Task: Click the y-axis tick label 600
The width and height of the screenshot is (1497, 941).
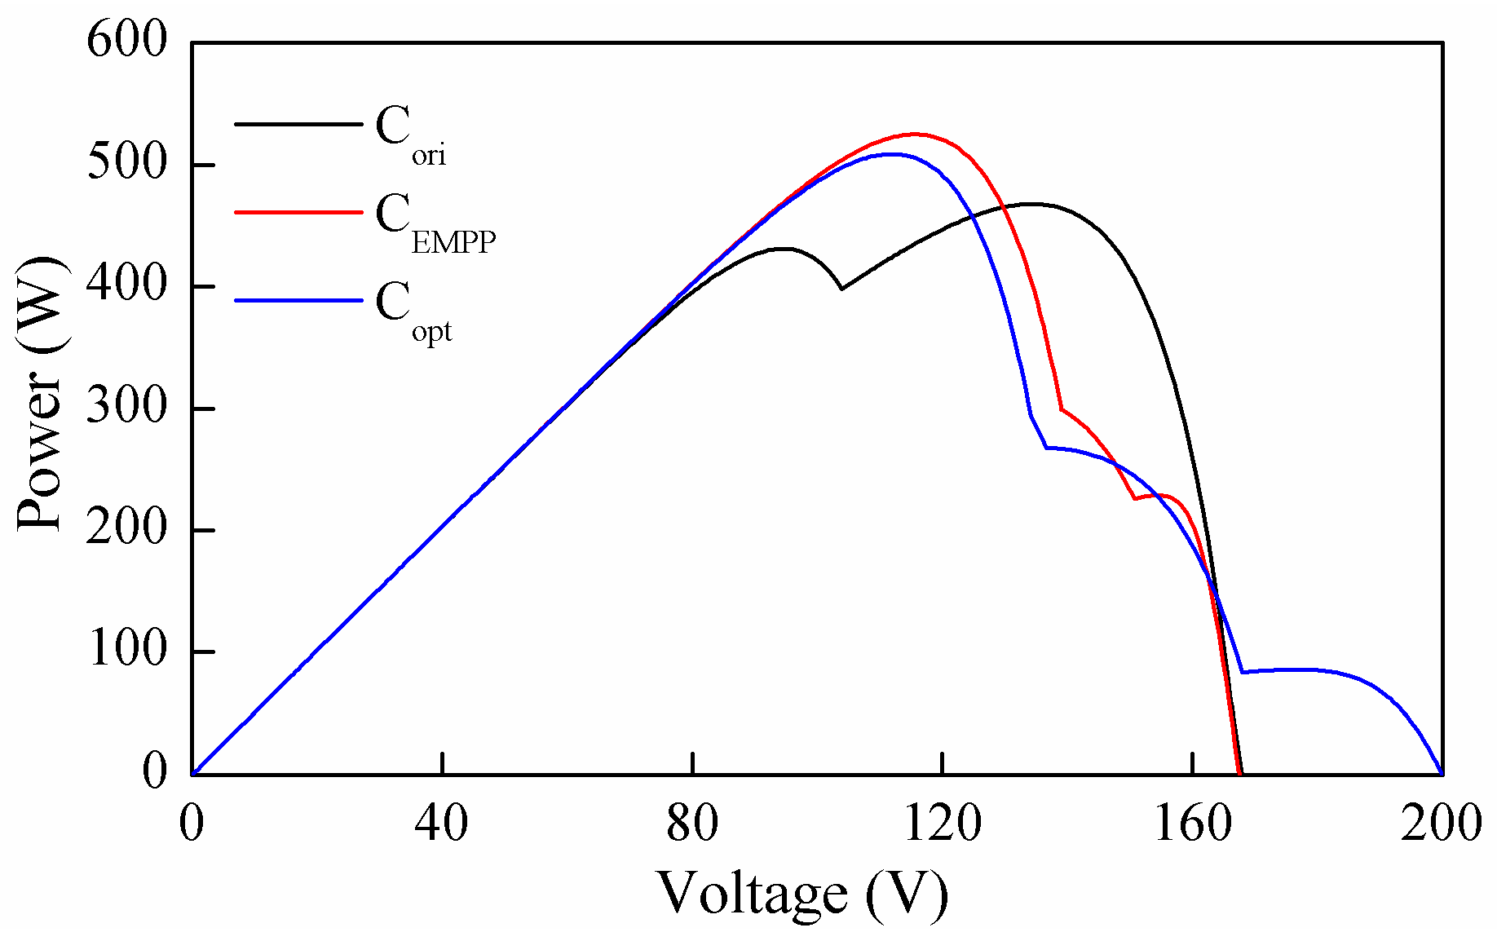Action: [x=126, y=41]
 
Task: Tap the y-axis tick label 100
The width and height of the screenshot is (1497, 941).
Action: [x=126, y=650]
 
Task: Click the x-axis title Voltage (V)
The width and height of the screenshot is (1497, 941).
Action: [x=802, y=894]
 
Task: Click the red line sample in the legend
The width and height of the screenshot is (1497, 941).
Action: [x=298, y=212]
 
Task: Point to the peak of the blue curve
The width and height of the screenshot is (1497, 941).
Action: [x=894, y=153]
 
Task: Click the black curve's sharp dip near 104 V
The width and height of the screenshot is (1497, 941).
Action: [x=841, y=288]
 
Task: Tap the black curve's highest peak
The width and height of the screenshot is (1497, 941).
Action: [x=1031, y=204]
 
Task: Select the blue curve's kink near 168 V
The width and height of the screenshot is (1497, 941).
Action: [x=1242, y=672]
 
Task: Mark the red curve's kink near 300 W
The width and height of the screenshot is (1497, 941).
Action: [x=1061, y=409]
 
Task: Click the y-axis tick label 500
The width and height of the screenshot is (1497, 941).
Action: [x=126, y=163]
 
